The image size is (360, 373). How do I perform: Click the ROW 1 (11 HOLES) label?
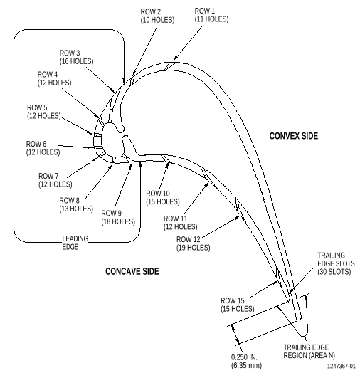point(211,15)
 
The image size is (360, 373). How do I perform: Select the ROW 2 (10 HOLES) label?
point(157,16)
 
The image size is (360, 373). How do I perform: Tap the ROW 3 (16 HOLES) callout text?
point(76,57)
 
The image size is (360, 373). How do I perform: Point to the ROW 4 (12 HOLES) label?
point(55,78)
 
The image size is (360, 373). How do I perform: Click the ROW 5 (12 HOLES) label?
point(44,112)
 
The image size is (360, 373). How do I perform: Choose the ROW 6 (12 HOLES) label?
point(43,148)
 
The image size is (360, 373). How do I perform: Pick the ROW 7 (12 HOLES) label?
point(55,180)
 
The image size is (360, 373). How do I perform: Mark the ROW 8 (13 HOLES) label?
point(76,204)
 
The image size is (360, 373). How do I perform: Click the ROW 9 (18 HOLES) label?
point(118,217)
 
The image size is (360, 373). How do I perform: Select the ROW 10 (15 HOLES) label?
point(163,198)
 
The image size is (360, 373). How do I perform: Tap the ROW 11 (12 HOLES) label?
point(181,223)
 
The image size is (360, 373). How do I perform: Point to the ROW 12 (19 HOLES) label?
point(194,243)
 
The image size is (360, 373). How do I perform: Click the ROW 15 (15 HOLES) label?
point(238,305)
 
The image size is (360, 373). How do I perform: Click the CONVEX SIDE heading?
point(294,136)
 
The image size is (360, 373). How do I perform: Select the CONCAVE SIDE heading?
point(132,271)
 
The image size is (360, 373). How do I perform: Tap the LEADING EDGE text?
point(75,243)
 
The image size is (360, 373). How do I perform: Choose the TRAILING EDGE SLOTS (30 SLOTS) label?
point(336,263)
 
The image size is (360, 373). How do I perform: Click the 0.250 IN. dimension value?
point(244,357)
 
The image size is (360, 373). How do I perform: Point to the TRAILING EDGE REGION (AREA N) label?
point(309,352)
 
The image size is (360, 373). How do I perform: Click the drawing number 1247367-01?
point(342,366)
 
